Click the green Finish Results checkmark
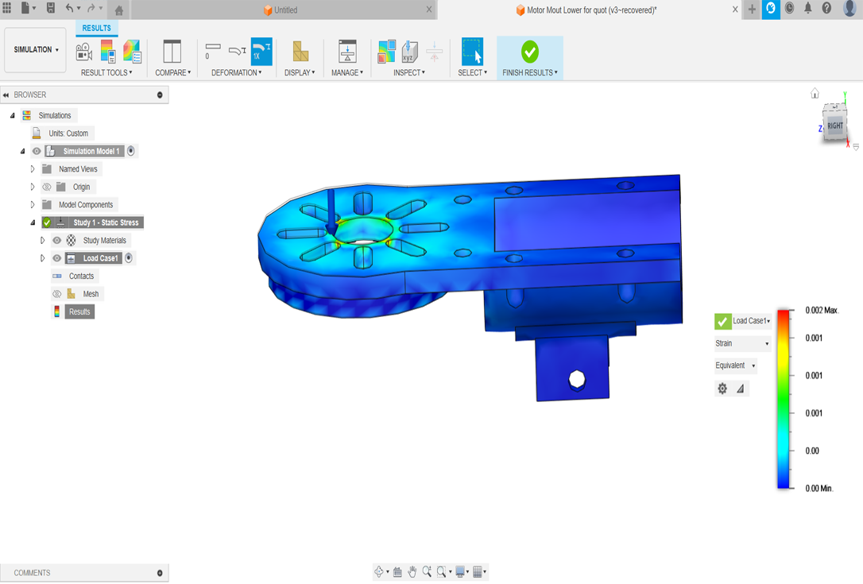pos(530,52)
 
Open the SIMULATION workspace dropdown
pos(36,50)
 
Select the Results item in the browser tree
pos(79,312)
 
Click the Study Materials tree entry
pos(104,241)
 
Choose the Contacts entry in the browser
pos(81,277)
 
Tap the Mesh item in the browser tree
pos(91,294)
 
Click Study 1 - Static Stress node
pos(106,222)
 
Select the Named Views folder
pos(78,169)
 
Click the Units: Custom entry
pos(68,133)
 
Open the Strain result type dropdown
pos(742,344)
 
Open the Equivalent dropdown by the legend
pos(735,365)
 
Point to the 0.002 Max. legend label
pos(822,310)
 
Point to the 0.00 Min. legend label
pos(818,489)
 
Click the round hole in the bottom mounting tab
pos(577,379)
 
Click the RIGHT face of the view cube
pos(835,126)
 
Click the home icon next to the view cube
pos(815,94)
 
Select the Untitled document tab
pos(285,10)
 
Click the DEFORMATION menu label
pos(236,72)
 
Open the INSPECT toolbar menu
pos(408,72)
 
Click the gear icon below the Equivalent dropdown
pos(722,389)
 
